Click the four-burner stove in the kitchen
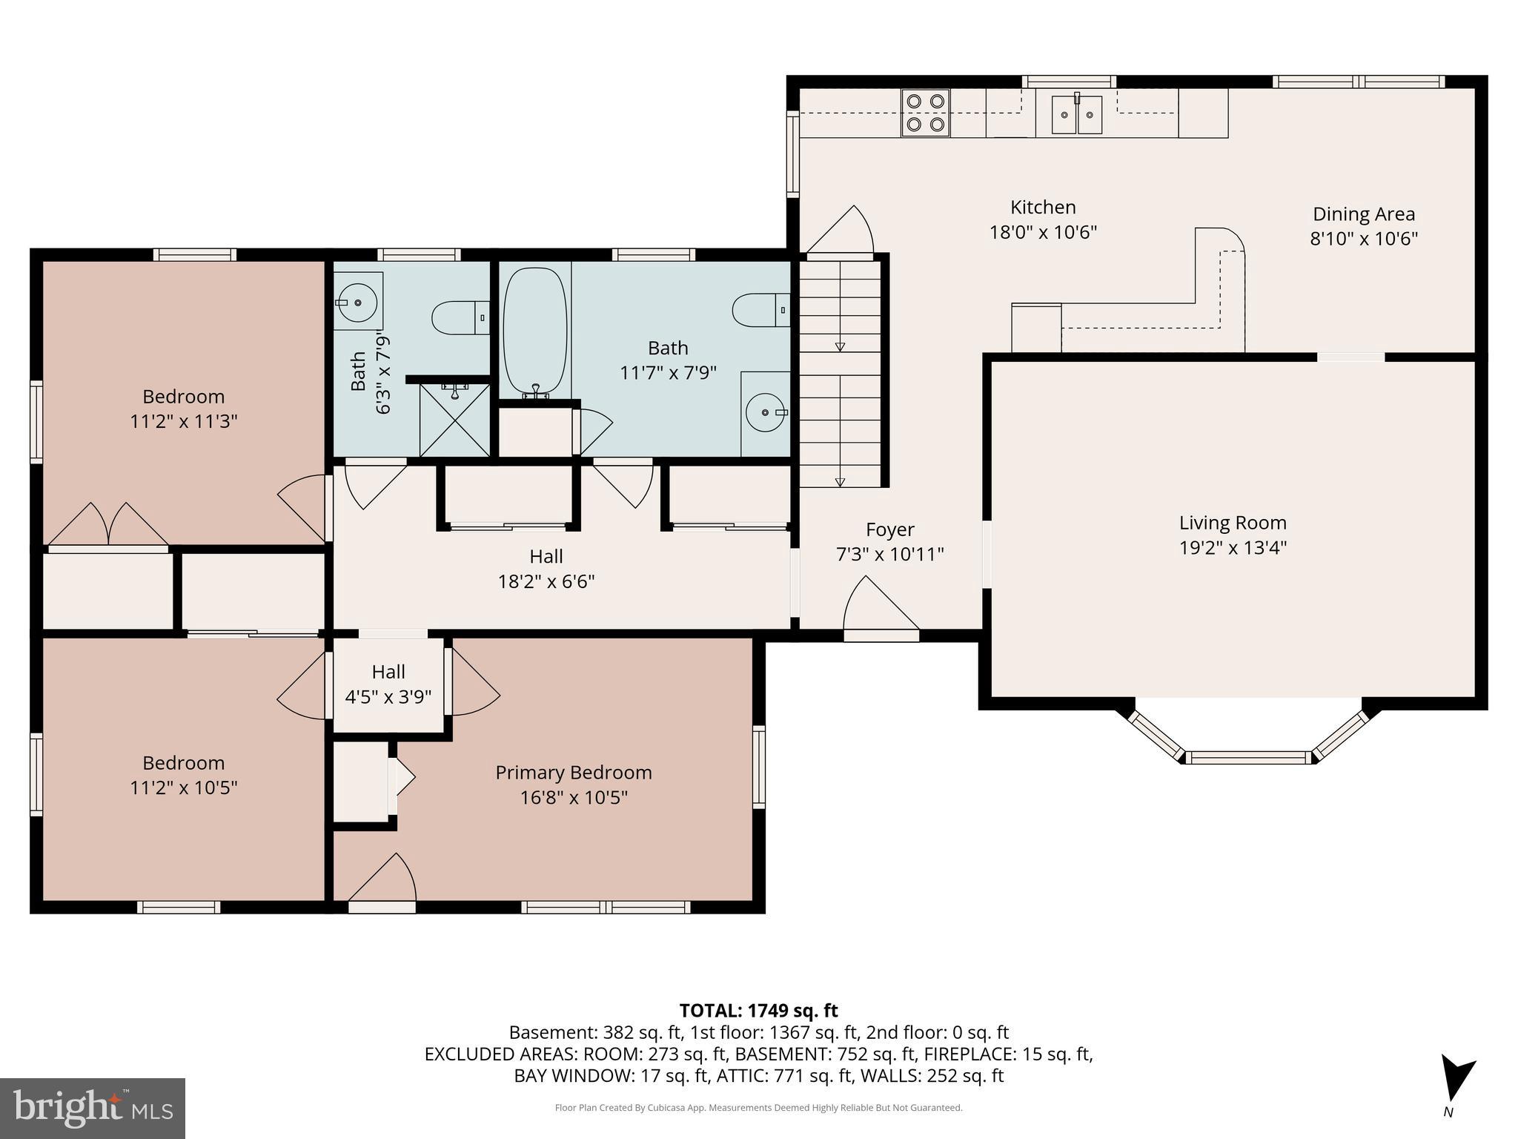pyautogui.click(x=926, y=113)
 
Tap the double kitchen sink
pyautogui.click(x=1077, y=114)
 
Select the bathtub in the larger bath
pyautogui.click(x=535, y=329)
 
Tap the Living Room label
pyautogui.click(x=1232, y=523)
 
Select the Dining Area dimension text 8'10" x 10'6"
pyautogui.click(x=1364, y=239)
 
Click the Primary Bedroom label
pyautogui.click(x=573, y=773)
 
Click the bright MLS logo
pyautogui.click(x=93, y=1108)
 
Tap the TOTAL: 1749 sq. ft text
pyautogui.click(x=758, y=1011)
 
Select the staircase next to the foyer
pyautogui.click(x=841, y=371)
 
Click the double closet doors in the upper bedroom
pyautogui.click(x=109, y=526)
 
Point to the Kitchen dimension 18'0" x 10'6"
pyautogui.click(x=1043, y=232)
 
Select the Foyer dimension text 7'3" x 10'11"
pyautogui.click(x=889, y=554)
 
